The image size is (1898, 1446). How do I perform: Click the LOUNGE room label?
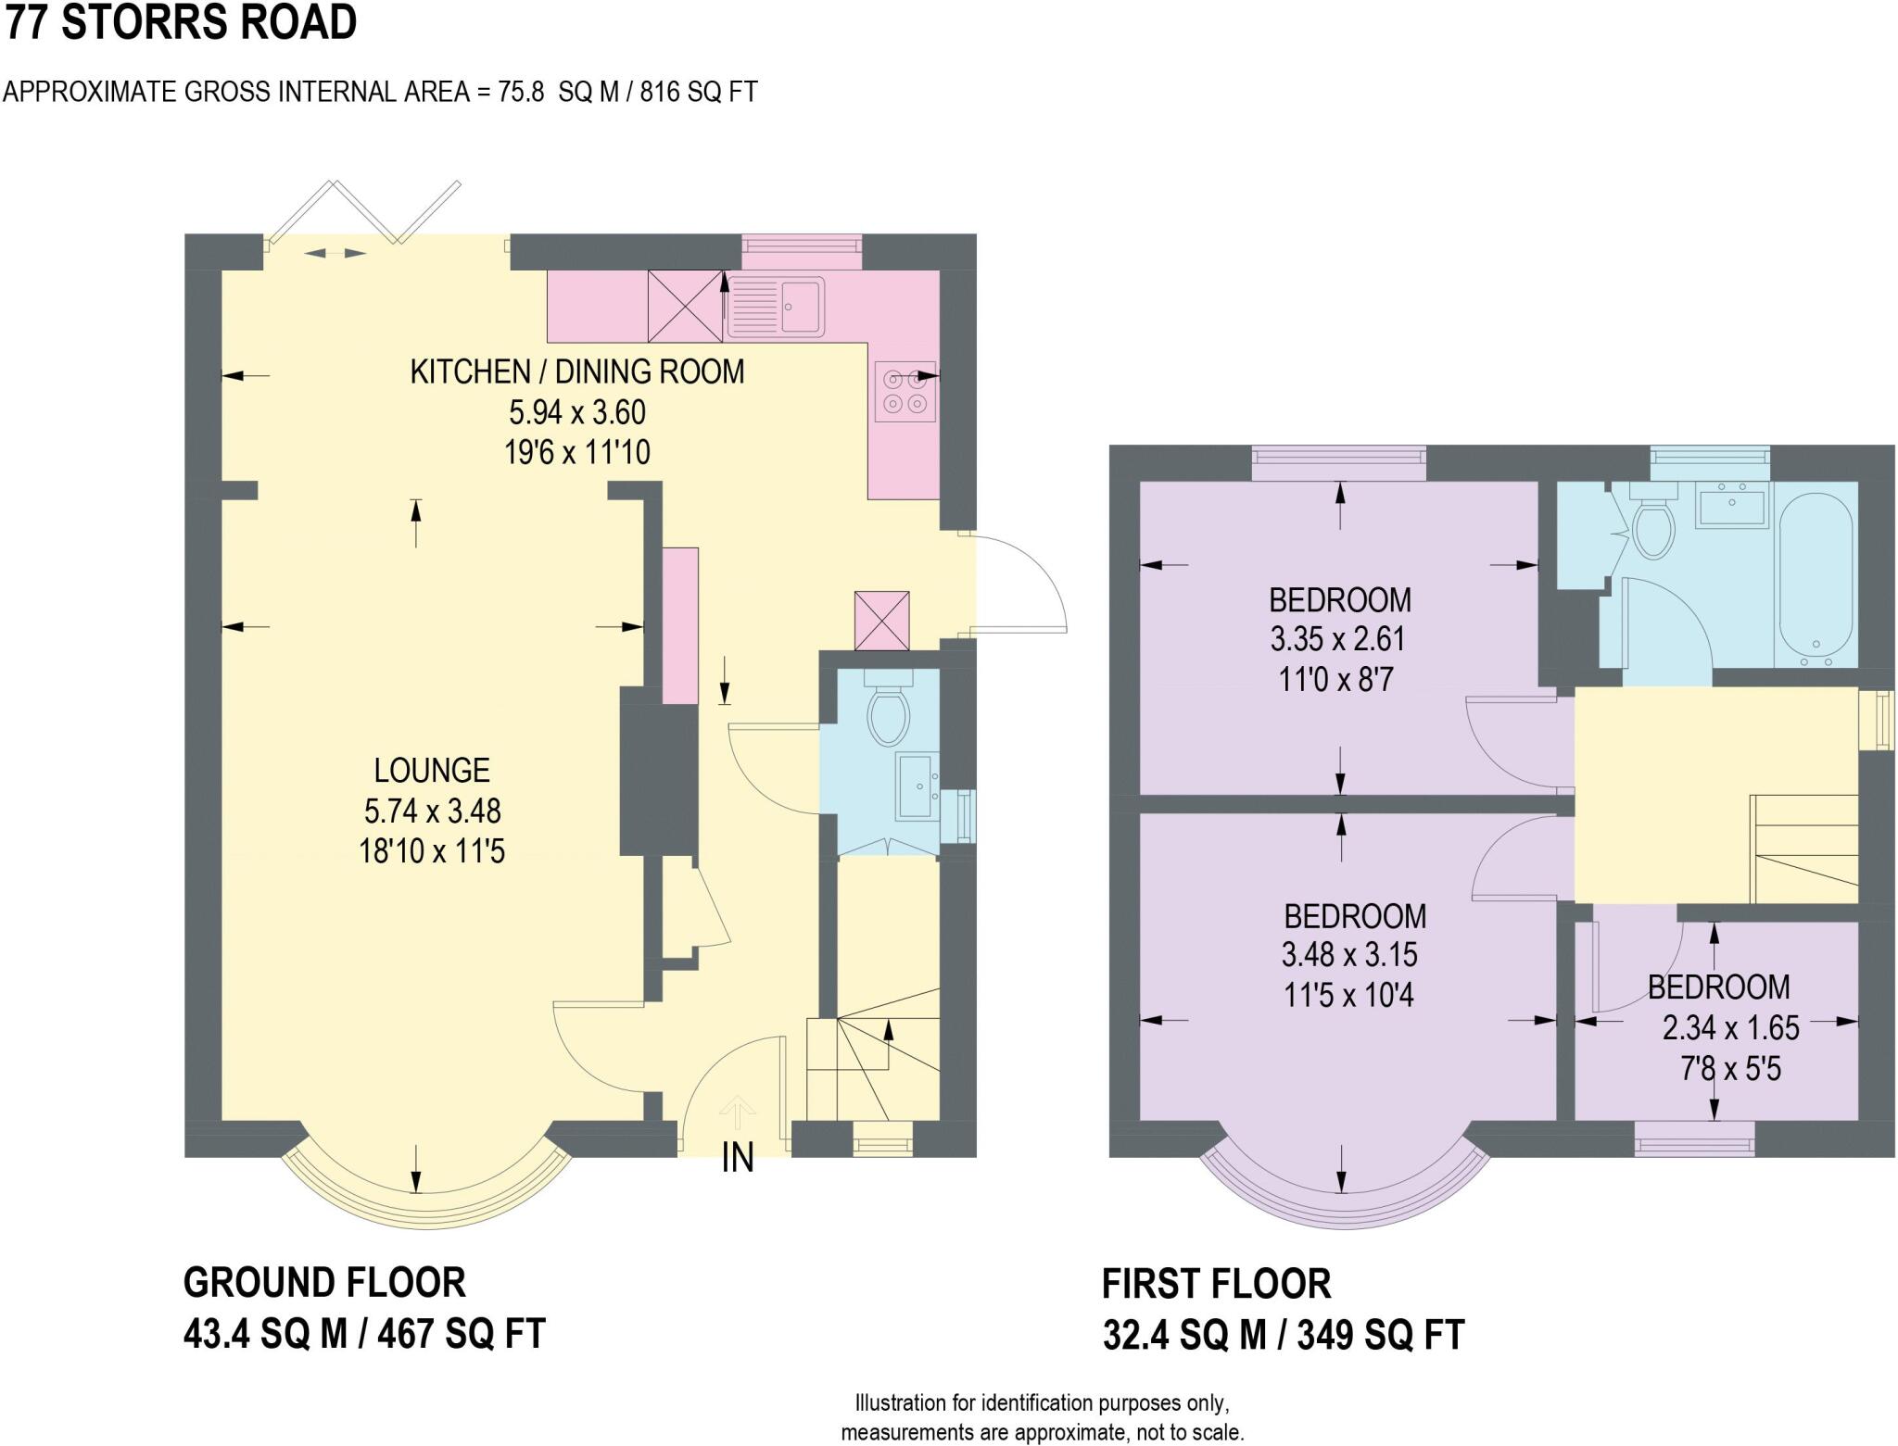click(x=431, y=771)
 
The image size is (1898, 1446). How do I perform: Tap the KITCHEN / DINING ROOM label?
click(x=576, y=371)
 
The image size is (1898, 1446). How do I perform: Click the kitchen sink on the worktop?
click(x=777, y=306)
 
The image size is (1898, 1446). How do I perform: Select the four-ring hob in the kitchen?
click(x=905, y=391)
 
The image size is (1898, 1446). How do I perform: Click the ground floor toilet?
click(x=888, y=714)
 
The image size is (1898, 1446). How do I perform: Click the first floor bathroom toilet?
click(x=1653, y=529)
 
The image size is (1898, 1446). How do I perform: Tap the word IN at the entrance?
click(x=738, y=1158)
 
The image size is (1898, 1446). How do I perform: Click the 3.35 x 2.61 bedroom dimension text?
click(x=1337, y=639)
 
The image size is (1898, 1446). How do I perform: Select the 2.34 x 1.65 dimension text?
click(x=1730, y=1028)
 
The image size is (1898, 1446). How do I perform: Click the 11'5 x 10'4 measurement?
click(x=1348, y=996)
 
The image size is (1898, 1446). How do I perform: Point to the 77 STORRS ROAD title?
click(x=181, y=22)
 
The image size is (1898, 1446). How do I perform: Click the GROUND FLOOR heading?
click(x=324, y=1283)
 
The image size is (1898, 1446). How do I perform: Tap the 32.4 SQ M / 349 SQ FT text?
click(x=1283, y=1335)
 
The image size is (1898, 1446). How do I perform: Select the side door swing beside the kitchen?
click(x=1019, y=584)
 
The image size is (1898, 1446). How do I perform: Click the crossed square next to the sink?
click(x=685, y=306)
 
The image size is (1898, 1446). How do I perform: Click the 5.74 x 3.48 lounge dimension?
click(x=432, y=811)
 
